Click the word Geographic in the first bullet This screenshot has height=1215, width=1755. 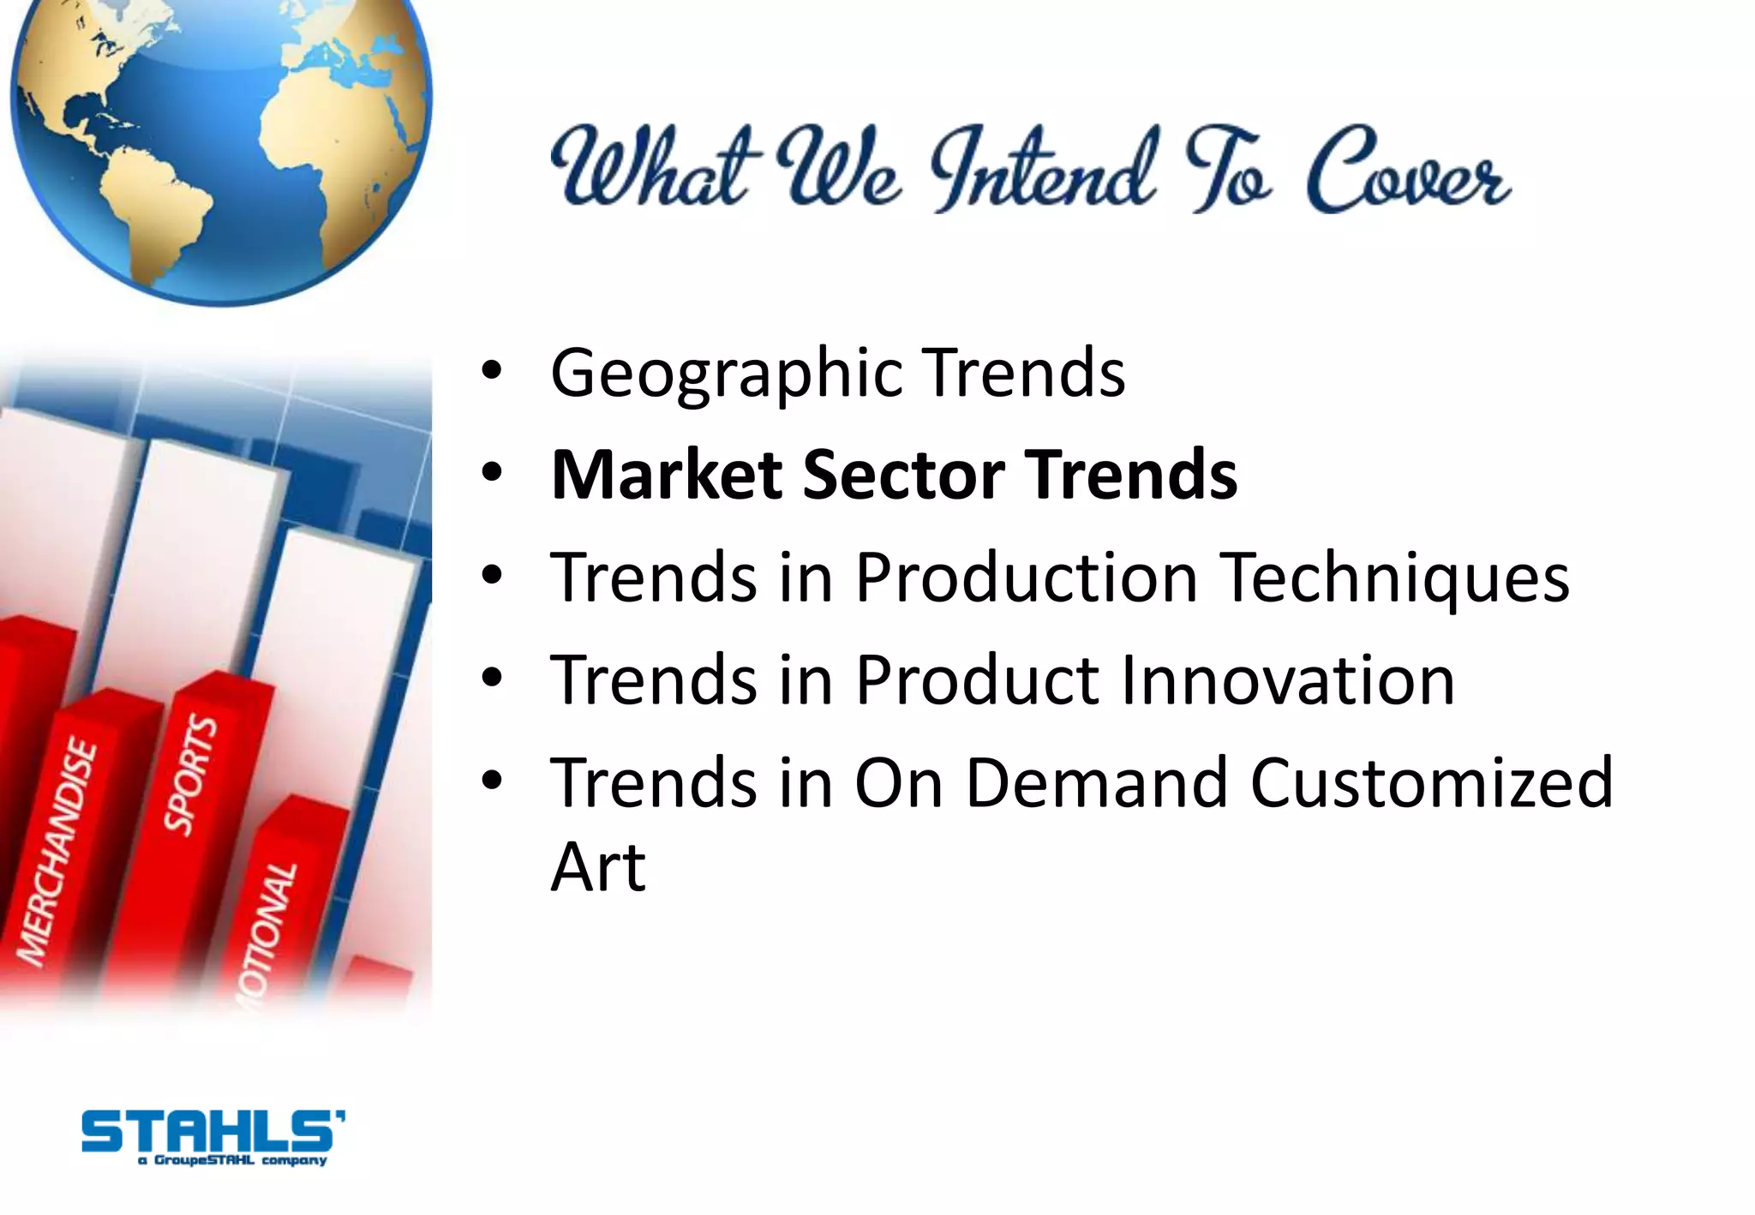click(x=726, y=374)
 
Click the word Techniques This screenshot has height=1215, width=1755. click(x=1394, y=578)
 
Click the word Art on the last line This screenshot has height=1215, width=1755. click(x=597, y=867)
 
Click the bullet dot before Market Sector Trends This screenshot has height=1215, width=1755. click(x=491, y=474)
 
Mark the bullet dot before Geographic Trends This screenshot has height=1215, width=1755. click(x=491, y=372)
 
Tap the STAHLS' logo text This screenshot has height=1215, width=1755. click(x=213, y=1131)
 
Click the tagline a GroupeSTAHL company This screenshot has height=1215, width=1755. click(x=232, y=1161)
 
